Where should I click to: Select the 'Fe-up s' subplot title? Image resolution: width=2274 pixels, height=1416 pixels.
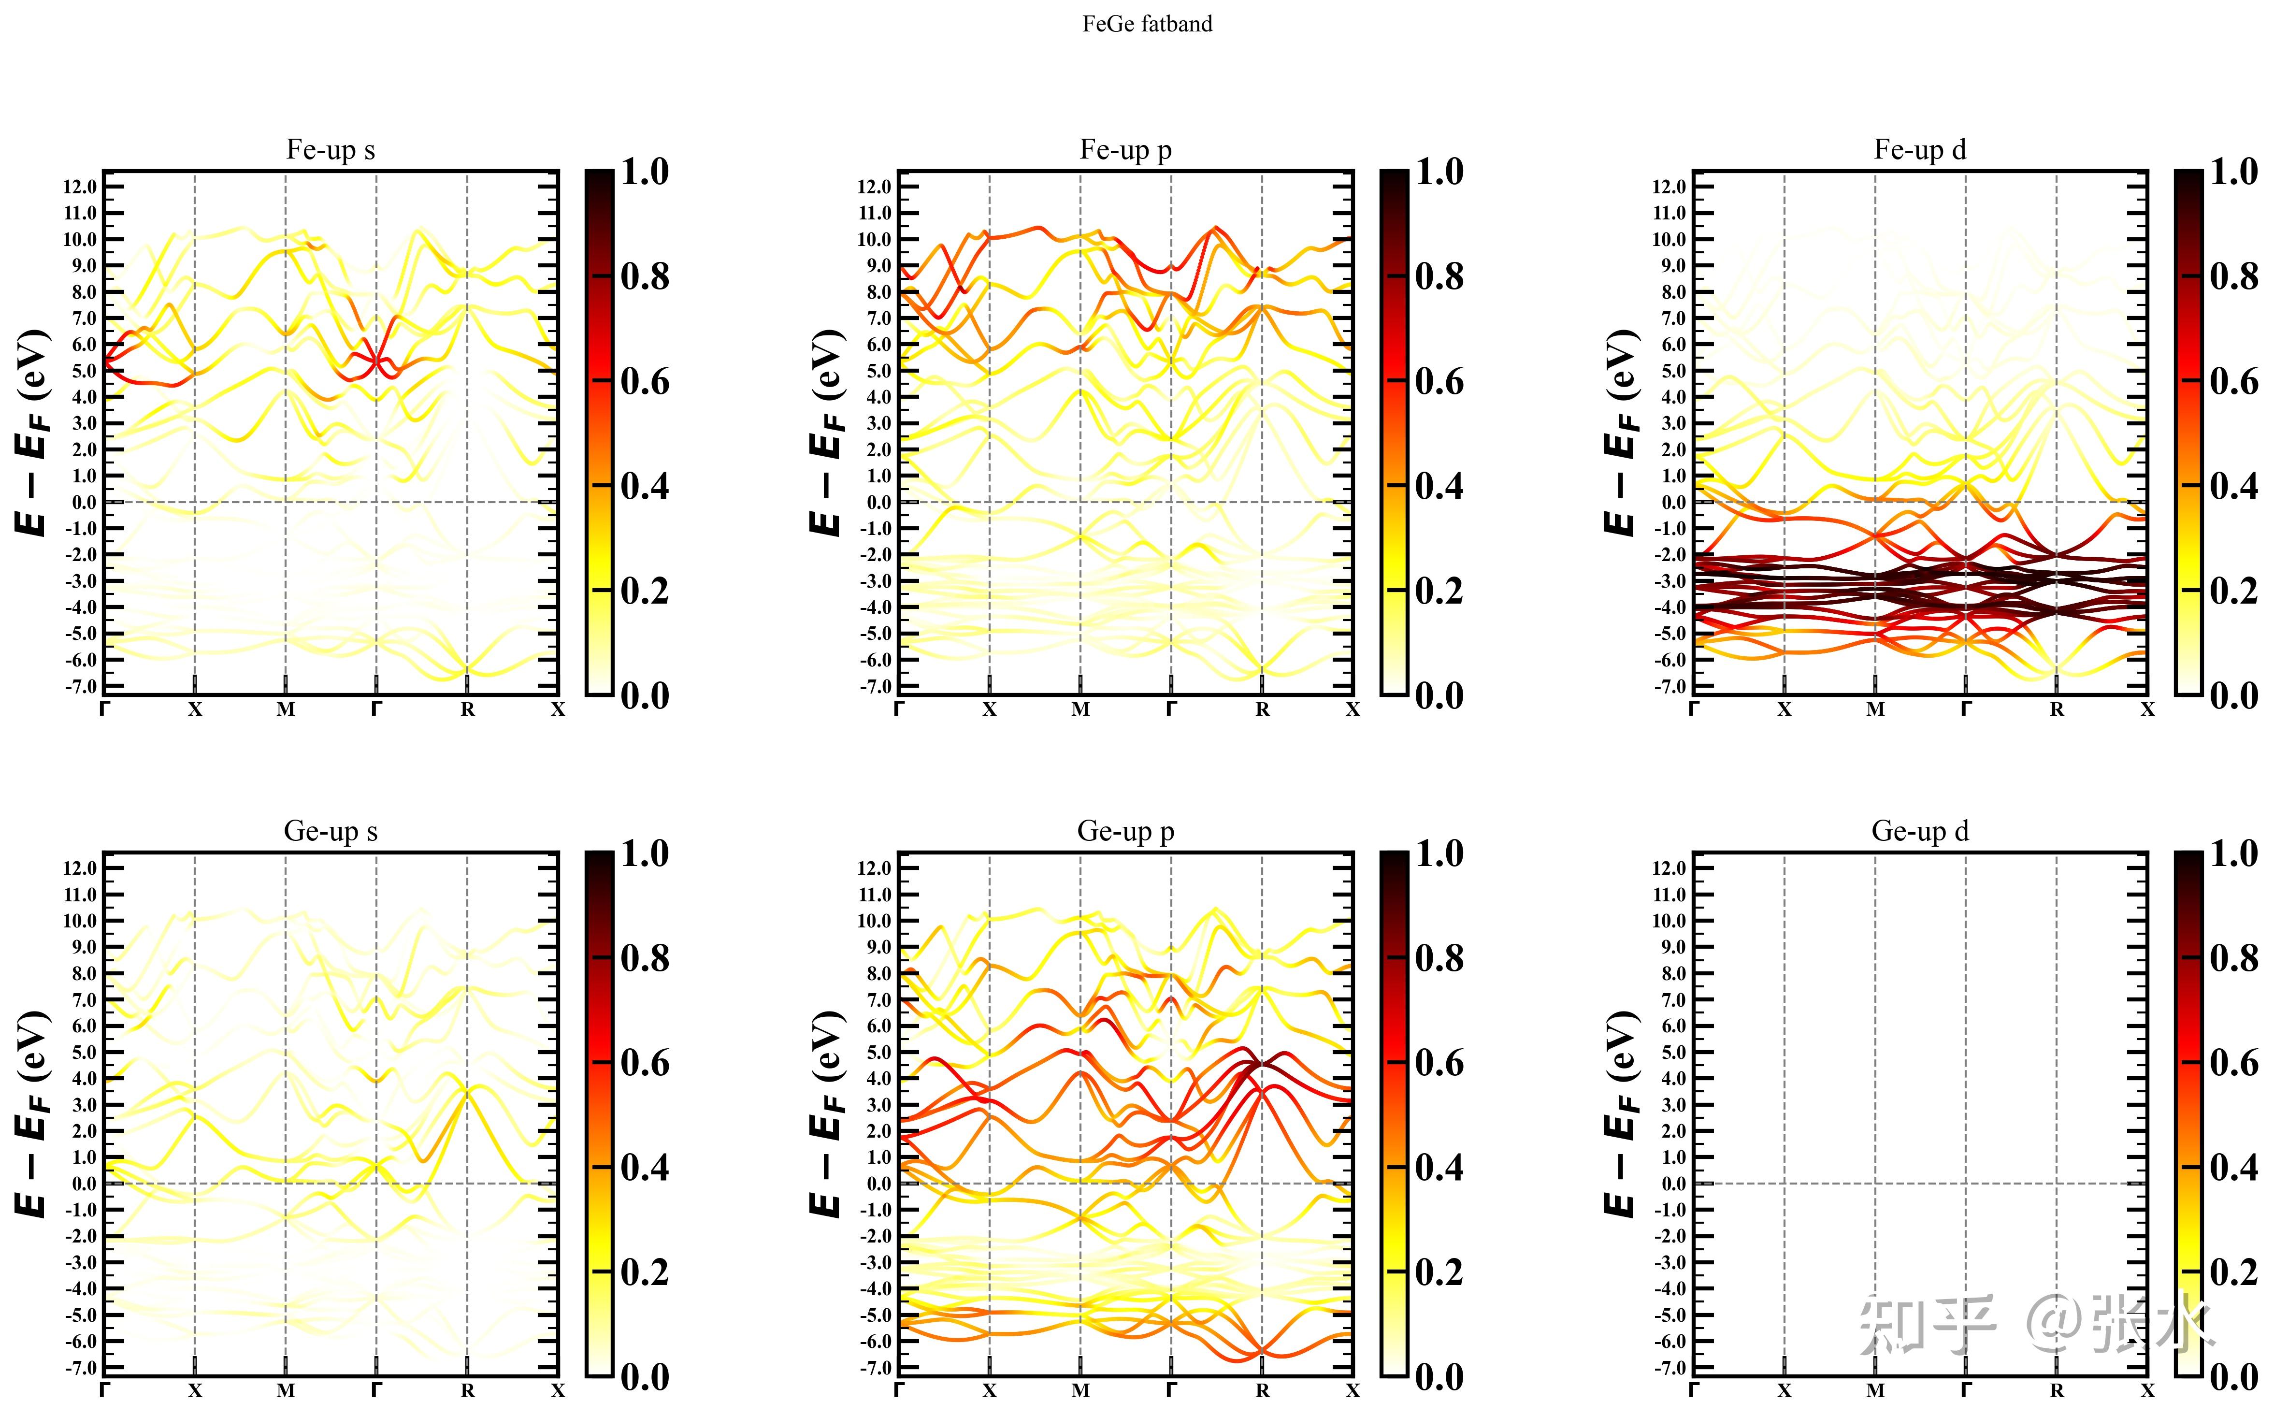pos(331,150)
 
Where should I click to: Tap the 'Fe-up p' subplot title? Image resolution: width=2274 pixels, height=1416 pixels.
pos(1125,150)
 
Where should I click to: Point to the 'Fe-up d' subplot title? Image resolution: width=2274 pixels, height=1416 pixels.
pos(1920,150)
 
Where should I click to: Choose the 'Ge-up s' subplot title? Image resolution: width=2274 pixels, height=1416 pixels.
pos(331,832)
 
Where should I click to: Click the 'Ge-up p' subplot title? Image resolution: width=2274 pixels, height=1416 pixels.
pos(1125,832)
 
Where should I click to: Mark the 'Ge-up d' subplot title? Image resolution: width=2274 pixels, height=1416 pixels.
pos(1920,832)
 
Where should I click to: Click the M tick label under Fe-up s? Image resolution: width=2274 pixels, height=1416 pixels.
pos(286,710)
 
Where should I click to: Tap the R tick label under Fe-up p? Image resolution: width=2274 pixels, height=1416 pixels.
pos(1262,710)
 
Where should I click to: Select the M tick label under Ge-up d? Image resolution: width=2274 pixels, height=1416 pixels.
pos(1875,1391)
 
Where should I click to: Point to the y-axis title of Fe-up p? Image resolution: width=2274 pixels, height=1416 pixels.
pos(827,433)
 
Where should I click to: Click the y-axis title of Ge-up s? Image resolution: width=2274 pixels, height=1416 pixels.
pos(32,1114)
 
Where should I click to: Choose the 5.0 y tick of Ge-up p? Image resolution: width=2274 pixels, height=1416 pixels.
pos(875,1053)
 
